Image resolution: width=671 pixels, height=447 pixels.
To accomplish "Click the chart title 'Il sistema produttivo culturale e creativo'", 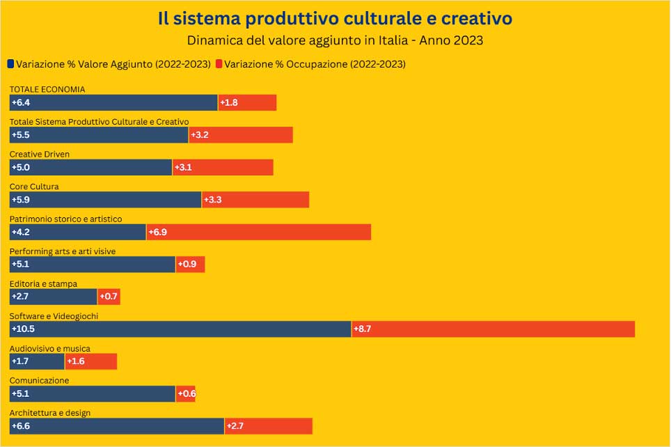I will coord(335,18).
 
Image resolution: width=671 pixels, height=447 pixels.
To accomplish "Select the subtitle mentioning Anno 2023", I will coord(335,40).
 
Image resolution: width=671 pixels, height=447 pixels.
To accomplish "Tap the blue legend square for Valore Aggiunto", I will coord(10,64).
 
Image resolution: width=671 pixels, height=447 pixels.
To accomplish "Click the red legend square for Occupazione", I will coord(219,64).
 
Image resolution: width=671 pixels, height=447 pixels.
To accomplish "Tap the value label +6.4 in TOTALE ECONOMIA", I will coord(21,103).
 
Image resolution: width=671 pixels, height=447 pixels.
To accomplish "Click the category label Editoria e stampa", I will coord(43,284).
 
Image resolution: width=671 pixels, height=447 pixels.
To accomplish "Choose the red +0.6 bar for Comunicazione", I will coord(186,393).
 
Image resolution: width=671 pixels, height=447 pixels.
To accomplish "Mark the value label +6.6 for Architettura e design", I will coord(21,426).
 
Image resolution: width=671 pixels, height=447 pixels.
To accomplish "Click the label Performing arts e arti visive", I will coord(62,251).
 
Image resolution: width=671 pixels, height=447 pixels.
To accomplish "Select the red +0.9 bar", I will coord(191,265).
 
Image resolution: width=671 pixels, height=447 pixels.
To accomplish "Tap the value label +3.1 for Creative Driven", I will coord(183,168).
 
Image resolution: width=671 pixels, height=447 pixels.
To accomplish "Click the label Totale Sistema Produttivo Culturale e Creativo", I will coord(99,122).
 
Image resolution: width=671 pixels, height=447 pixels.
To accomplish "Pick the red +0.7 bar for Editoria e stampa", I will coord(109,297).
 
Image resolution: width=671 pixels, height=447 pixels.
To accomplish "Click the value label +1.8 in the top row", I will coord(229,103).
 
